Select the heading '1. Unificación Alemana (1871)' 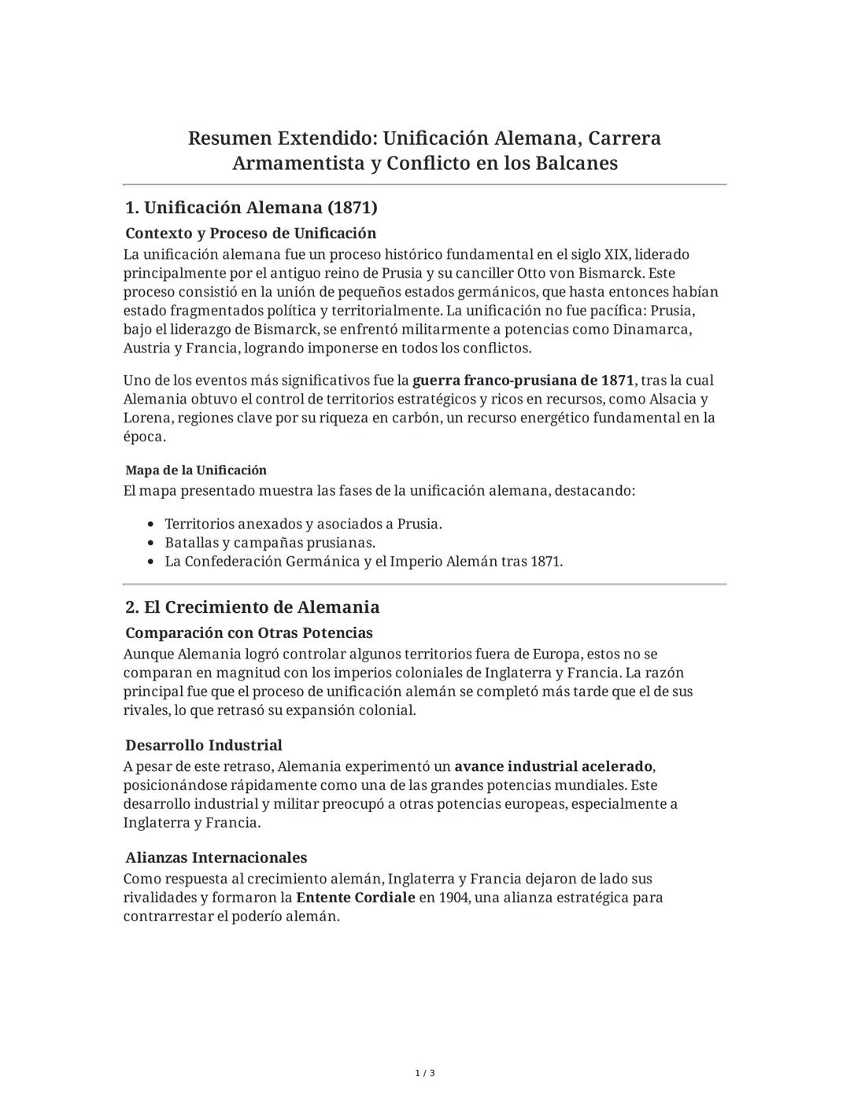tap(251, 208)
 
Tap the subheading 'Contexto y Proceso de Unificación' tap(250, 234)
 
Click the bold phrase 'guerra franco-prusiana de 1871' tap(523, 381)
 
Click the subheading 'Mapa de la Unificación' tap(196, 470)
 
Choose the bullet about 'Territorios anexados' tap(303, 524)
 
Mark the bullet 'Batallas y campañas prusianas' tap(270, 543)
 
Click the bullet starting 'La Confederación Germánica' tap(364, 562)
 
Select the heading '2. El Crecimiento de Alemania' tap(252, 607)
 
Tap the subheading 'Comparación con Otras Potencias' tap(249, 633)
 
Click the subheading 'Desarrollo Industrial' tap(203, 745)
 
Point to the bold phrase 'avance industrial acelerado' tap(553, 766)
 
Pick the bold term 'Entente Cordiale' tap(355, 898)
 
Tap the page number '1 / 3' tap(425, 1074)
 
